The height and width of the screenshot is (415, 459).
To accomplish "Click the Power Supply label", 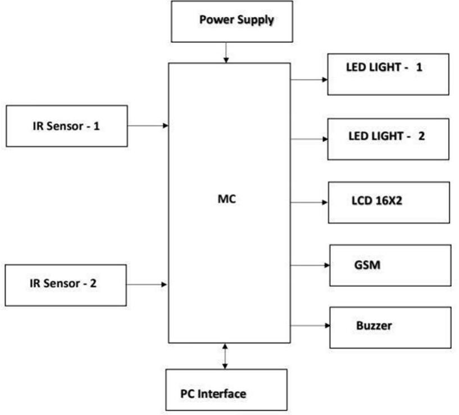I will click(237, 20).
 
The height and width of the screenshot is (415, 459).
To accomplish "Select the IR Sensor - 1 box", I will click(66, 126).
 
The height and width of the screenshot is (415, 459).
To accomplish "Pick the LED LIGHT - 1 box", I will click(388, 74).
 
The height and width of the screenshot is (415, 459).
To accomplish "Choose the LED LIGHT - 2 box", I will click(388, 139).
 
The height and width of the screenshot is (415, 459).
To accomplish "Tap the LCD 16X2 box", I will click(388, 202).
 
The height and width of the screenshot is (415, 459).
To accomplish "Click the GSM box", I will click(389, 265).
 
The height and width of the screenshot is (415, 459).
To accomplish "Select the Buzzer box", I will click(389, 327).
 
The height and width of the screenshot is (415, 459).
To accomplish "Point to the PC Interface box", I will click(226, 390).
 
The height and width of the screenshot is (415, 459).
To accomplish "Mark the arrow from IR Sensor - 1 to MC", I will click(148, 126).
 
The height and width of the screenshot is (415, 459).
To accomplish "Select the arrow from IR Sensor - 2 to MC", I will click(147, 285).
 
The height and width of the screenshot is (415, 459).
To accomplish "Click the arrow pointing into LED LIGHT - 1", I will click(308, 79).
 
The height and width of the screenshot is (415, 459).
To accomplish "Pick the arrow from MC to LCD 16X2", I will click(308, 202).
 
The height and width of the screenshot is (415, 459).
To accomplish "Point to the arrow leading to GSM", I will click(309, 265).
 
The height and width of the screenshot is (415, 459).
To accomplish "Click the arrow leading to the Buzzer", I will click(309, 326).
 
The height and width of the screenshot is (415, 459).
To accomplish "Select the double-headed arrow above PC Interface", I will click(225, 355).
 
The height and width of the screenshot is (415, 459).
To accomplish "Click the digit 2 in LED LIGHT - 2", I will click(421, 136).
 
